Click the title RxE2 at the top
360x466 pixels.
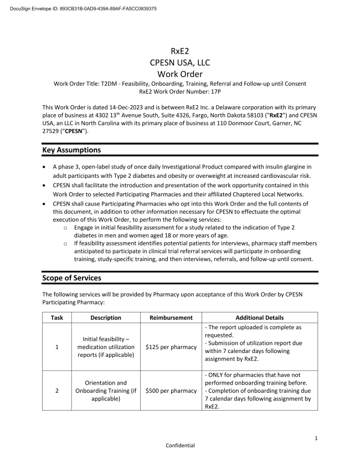click(180, 51)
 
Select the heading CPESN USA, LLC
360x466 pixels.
click(180, 62)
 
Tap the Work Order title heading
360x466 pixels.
click(180, 74)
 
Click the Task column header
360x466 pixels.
click(56, 318)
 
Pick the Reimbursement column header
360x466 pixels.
click(171, 318)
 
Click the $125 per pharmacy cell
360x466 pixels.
click(171, 347)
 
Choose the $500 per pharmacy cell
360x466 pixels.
click(171, 391)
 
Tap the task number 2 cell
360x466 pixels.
click(56, 391)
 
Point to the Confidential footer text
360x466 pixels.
click(180, 445)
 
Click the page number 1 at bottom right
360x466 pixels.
click(316, 438)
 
